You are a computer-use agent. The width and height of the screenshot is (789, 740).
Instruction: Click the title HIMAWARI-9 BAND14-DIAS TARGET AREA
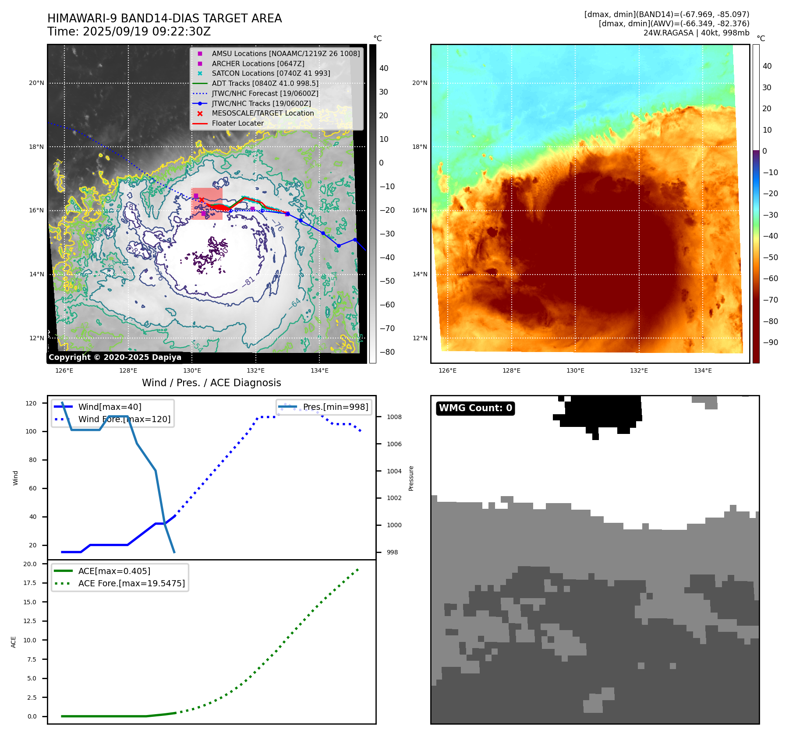tap(164, 18)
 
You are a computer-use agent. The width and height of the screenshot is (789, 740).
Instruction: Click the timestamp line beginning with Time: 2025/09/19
tap(129, 32)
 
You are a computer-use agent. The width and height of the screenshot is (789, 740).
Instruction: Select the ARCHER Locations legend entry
tap(258, 63)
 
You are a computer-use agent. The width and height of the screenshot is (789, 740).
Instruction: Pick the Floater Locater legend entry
tap(237, 123)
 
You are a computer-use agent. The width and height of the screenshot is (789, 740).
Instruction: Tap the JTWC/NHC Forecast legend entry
tap(265, 93)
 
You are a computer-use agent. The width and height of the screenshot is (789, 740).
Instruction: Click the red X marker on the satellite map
tap(202, 200)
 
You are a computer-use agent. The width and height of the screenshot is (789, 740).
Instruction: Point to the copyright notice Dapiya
tap(115, 357)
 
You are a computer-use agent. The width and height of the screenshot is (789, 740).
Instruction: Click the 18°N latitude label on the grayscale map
tap(36, 147)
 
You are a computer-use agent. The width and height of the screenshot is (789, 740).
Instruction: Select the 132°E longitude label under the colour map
tap(639, 371)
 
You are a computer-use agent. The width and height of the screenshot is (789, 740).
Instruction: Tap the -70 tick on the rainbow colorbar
tap(770, 300)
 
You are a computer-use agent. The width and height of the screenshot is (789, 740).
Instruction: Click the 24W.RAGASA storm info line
tap(696, 33)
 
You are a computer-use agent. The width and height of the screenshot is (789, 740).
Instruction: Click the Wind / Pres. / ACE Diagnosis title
tap(211, 383)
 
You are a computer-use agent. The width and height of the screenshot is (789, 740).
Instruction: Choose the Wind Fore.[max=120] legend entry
tap(124, 419)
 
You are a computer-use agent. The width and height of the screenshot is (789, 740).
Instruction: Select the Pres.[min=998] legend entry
tap(336, 407)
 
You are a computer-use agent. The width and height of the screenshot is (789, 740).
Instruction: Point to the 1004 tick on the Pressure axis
tap(394, 471)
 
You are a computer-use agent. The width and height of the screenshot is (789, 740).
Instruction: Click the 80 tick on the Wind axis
tap(32, 460)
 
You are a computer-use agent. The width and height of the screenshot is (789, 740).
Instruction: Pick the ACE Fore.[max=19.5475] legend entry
tap(131, 583)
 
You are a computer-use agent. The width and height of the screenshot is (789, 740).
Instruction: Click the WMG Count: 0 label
tap(475, 408)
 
